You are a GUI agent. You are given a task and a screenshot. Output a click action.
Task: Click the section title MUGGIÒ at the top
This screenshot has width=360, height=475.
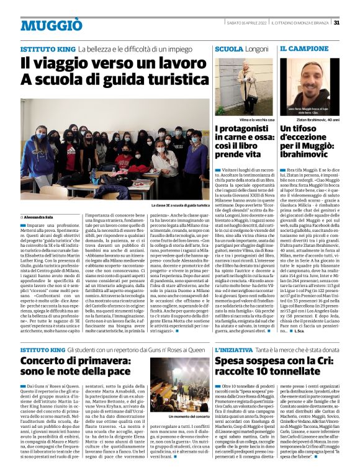[x=51, y=25]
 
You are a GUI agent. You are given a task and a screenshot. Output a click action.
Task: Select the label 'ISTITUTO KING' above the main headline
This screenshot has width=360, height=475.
[x=48, y=48]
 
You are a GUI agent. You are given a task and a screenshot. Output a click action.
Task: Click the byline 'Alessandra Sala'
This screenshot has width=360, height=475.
[x=38, y=217]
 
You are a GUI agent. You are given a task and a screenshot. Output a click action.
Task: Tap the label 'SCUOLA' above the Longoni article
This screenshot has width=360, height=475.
[x=228, y=48]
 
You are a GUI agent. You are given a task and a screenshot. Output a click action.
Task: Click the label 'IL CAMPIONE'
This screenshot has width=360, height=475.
[x=305, y=48]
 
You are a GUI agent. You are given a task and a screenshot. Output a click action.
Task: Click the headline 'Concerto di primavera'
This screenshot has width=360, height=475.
[x=70, y=371]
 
